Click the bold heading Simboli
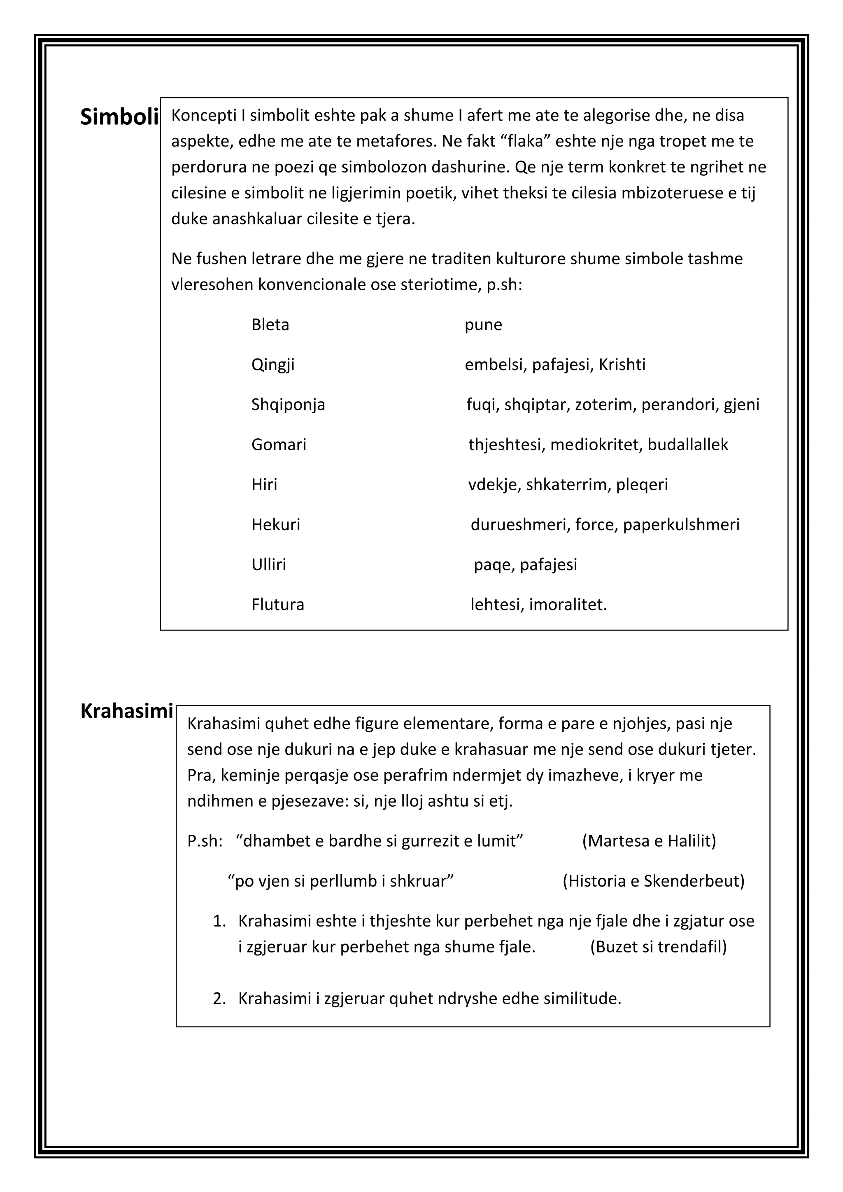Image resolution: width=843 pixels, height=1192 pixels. (x=119, y=118)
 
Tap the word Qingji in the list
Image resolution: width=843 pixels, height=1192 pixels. (x=272, y=365)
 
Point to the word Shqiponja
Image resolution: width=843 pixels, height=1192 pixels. (x=288, y=405)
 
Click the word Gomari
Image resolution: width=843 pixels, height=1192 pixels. (x=279, y=445)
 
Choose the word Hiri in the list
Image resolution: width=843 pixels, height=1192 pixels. (x=264, y=484)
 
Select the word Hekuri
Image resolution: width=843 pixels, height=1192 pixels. (x=276, y=524)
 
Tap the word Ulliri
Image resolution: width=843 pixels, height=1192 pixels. (x=268, y=564)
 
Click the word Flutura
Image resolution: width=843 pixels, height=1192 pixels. (x=278, y=604)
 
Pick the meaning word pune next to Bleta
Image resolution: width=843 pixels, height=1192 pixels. (x=483, y=325)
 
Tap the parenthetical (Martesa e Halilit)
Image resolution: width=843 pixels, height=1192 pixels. (x=649, y=840)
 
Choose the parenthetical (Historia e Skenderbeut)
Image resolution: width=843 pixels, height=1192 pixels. (x=654, y=880)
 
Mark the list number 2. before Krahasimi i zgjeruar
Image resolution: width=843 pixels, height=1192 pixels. (x=219, y=999)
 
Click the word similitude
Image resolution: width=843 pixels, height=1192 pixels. (x=582, y=999)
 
